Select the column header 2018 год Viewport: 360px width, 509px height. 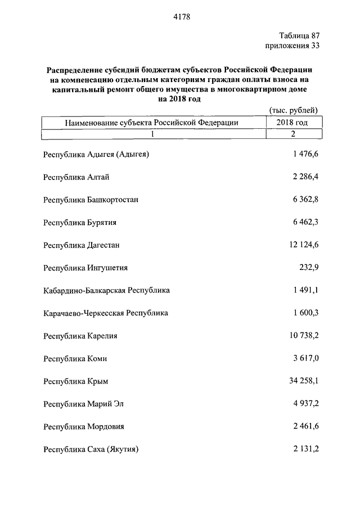[292, 122]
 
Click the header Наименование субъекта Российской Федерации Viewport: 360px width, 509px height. [151, 122]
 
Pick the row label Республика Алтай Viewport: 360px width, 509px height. [76, 177]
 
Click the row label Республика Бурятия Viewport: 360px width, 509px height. [79, 222]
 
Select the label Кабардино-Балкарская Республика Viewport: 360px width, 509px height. [106, 291]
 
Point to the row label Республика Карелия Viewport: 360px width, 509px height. [80, 336]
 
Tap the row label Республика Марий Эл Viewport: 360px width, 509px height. [83, 404]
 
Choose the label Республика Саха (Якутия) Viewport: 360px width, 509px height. [91, 449]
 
